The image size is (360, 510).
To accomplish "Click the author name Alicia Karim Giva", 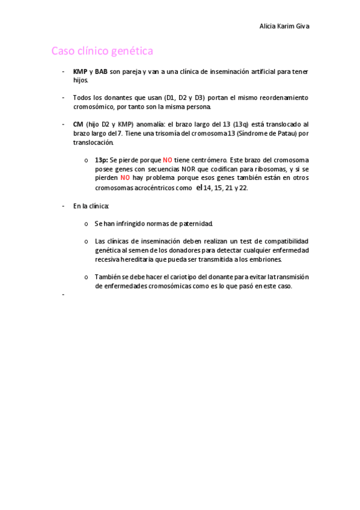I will coord(288,26).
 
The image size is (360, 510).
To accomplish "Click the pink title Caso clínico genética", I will coord(102,51).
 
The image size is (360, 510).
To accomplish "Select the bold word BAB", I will coord(102,72).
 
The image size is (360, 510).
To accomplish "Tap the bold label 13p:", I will coord(100,161).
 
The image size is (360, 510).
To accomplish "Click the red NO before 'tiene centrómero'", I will coord(167,161).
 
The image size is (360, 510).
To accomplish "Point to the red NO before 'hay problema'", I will coord(125,178).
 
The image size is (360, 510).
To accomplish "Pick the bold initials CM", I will coord(78,123).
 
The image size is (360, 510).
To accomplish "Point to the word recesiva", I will coord(108,259).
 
